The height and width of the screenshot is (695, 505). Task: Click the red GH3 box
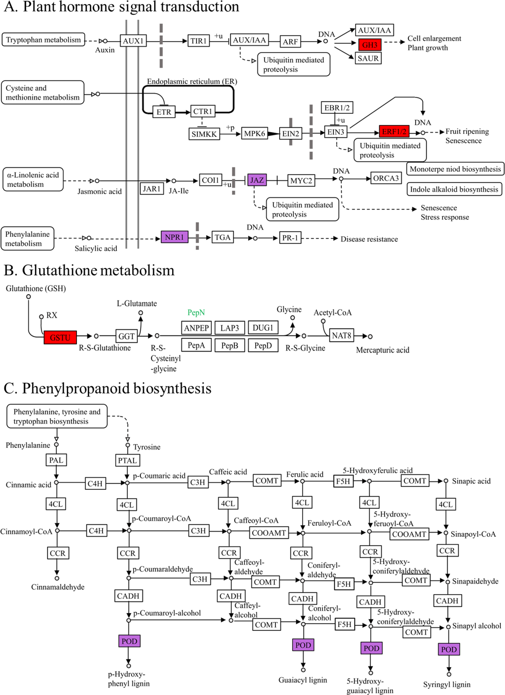pyautogui.click(x=370, y=45)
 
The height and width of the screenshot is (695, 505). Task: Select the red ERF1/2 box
pyautogui.click(x=394, y=132)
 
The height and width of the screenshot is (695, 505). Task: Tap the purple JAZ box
pyautogui.click(x=257, y=180)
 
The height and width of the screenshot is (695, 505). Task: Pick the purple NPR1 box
pyautogui.click(x=174, y=237)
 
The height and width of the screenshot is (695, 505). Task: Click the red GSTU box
pyautogui.click(x=60, y=337)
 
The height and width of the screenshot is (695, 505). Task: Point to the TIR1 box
pyautogui.click(x=198, y=41)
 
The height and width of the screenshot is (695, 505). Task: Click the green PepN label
pyautogui.click(x=196, y=312)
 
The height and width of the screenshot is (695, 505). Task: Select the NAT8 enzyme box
pyautogui.click(x=341, y=335)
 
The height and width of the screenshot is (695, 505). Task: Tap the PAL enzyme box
pyautogui.click(x=56, y=460)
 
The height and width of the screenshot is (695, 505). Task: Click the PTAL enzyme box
pyautogui.click(x=127, y=460)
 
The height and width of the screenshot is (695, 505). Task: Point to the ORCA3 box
pyautogui.click(x=386, y=178)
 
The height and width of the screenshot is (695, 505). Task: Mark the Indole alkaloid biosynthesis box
pyautogui.click(x=454, y=189)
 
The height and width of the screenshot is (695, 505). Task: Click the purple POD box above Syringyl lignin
pyautogui.click(x=449, y=649)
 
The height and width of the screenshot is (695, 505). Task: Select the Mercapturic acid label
pyautogui.click(x=382, y=350)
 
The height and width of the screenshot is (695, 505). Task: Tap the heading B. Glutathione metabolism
pyautogui.click(x=89, y=270)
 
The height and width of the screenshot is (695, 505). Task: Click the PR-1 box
pyautogui.click(x=290, y=237)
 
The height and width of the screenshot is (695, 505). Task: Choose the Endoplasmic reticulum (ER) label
pyautogui.click(x=192, y=81)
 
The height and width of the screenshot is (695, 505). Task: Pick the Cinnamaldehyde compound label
pyautogui.click(x=58, y=587)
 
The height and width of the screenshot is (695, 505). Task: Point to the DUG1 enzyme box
pyautogui.click(x=263, y=327)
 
